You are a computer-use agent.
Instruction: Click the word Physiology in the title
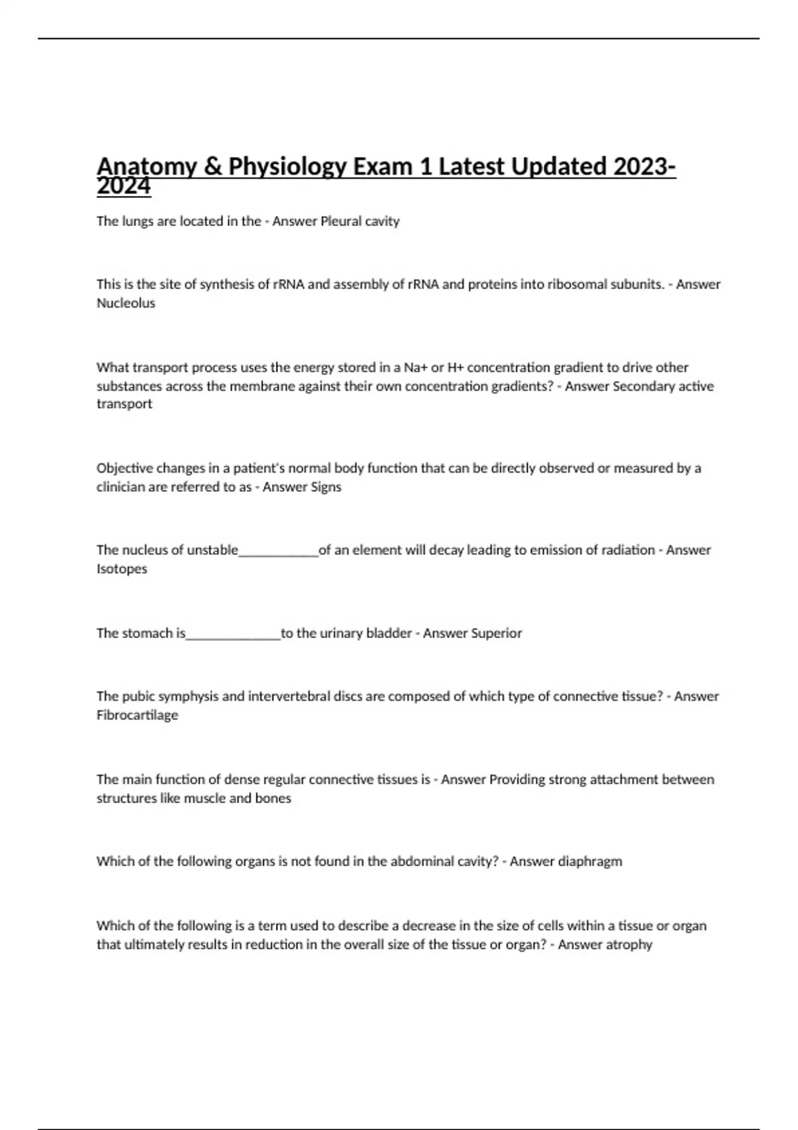coord(287,166)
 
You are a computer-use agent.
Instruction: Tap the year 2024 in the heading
coord(124,187)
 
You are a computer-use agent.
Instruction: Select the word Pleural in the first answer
coord(341,221)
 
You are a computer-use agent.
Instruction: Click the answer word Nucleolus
coord(126,303)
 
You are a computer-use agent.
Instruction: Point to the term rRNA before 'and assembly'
coord(288,284)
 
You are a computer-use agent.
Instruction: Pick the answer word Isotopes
coord(122,569)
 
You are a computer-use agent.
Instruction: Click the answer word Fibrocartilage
coord(137,715)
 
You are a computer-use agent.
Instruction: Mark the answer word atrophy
coord(628,945)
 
